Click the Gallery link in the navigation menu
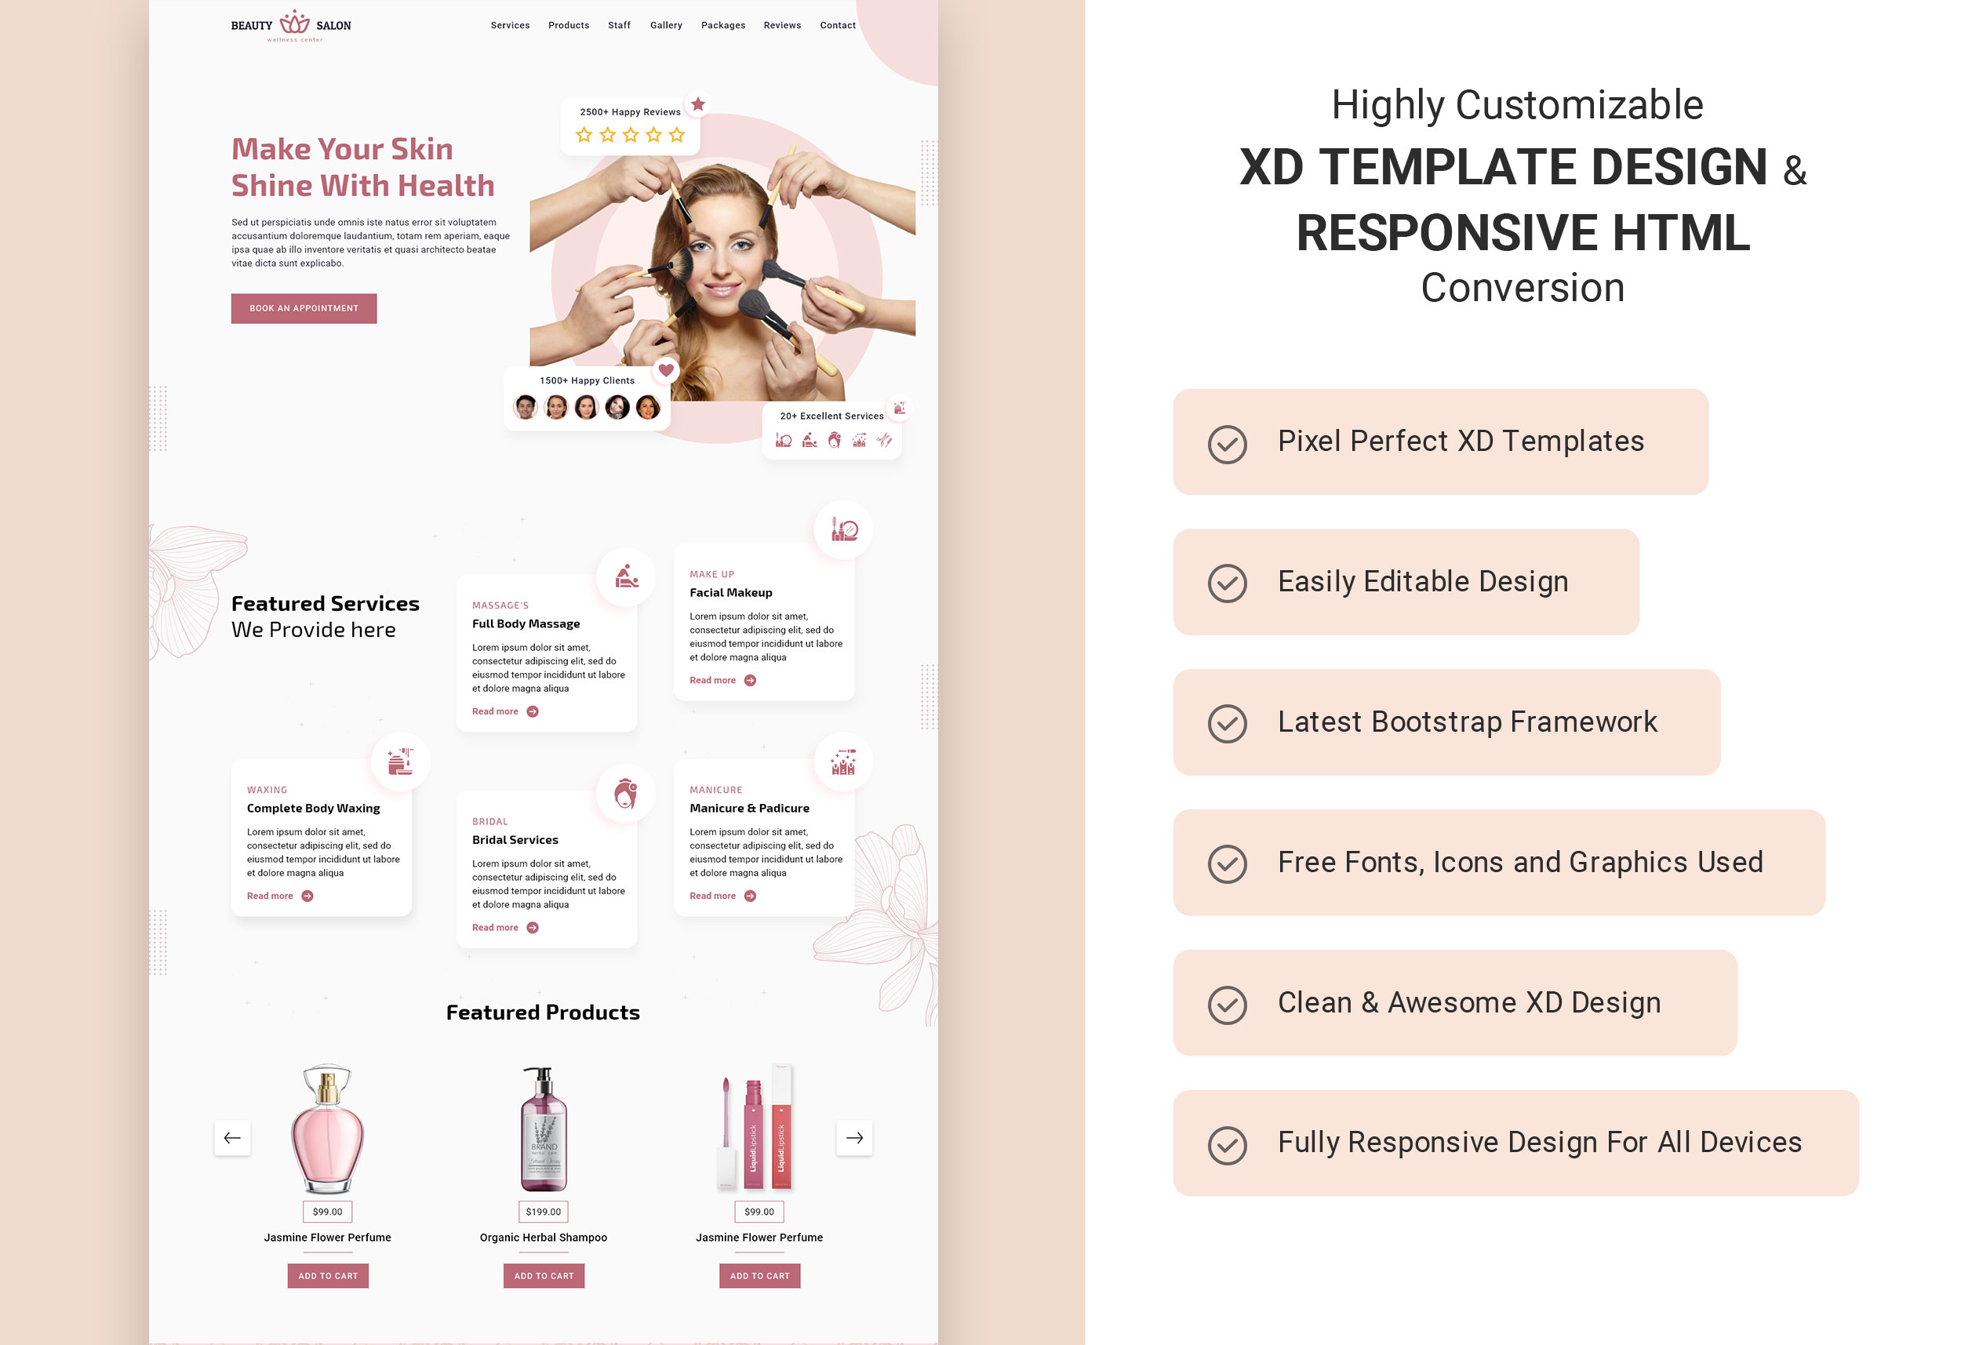pos(666,25)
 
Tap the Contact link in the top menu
pos(837,25)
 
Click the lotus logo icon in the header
pos(294,22)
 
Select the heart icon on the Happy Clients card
pos(666,369)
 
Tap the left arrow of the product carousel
pos(232,1137)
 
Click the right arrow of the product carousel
pos(854,1137)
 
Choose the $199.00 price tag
pos(544,1212)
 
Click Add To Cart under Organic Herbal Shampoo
pos(544,1276)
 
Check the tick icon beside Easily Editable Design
pos(1227,583)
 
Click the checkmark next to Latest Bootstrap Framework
pos(1227,723)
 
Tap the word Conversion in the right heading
pos(1523,288)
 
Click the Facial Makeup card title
pos(731,592)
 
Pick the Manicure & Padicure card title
pos(749,808)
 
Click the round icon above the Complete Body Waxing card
pos(400,761)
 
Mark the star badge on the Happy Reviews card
pos(698,104)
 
